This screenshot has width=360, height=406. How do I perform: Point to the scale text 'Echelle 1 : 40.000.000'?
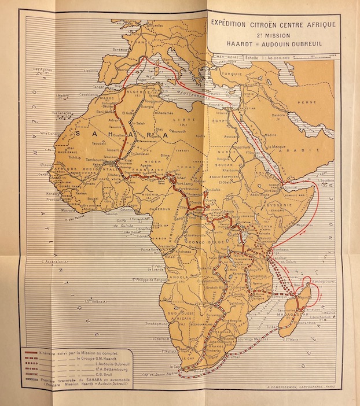tap(267, 58)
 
